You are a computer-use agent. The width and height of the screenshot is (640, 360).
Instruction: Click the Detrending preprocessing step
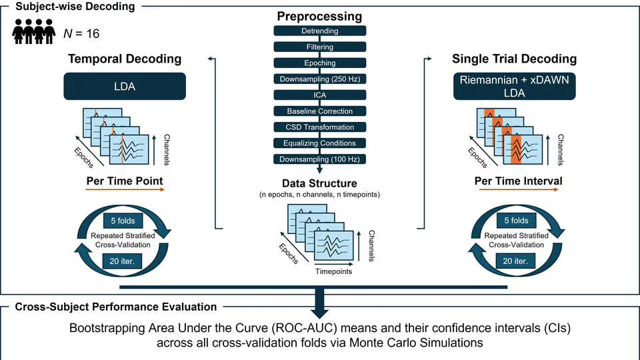[x=320, y=31]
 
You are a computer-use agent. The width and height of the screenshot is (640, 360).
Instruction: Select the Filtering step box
[x=320, y=47]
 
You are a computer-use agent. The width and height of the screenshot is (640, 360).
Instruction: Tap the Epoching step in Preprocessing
[x=320, y=63]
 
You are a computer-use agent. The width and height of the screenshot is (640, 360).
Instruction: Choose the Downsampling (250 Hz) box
[x=320, y=79]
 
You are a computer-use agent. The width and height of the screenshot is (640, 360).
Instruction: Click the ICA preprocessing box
[x=320, y=95]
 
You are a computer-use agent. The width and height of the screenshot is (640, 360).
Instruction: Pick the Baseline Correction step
[x=320, y=111]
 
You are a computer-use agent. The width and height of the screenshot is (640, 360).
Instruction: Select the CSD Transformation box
[x=320, y=127]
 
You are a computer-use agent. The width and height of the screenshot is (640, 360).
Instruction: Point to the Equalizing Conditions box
[x=320, y=143]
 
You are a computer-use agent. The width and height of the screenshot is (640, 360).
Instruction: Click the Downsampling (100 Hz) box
[x=320, y=159]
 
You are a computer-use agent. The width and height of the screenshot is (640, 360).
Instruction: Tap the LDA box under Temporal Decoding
[x=125, y=87]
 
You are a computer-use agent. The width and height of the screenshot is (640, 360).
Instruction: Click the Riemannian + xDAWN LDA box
[x=515, y=87]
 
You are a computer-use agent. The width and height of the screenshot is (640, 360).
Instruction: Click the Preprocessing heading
[x=320, y=16]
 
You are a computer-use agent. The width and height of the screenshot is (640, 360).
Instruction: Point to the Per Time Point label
[x=125, y=181]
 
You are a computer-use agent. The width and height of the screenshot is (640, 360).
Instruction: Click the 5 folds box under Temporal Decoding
[x=125, y=220]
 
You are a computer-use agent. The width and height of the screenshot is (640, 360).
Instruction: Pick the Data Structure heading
[x=319, y=183]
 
